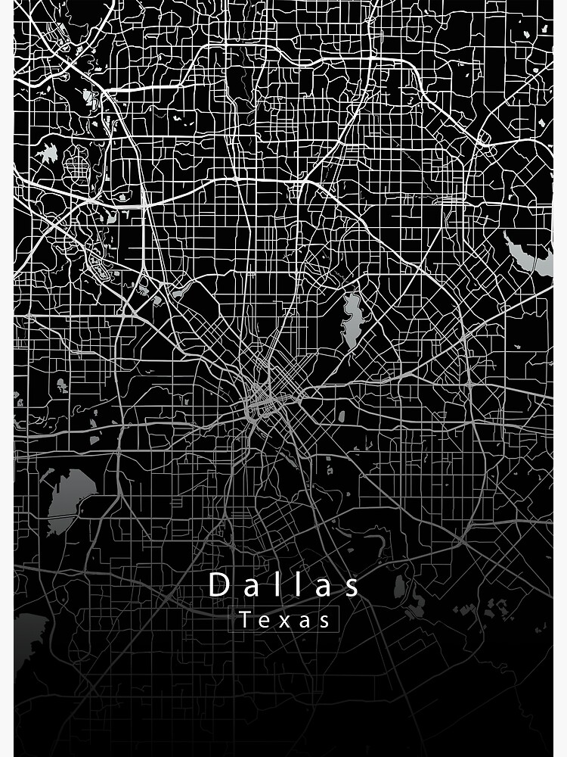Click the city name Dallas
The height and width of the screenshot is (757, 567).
pyautogui.click(x=284, y=584)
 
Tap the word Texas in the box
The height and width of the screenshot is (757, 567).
pyautogui.click(x=286, y=620)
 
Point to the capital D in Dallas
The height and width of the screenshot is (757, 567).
pyautogui.click(x=218, y=584)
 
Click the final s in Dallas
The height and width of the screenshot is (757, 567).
pyautogui.click(x=352, y=585)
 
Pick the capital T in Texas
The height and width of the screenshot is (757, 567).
pyautogui.click(x=246, y=620)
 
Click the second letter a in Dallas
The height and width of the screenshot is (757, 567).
pyautogui.click(x=324, y=586)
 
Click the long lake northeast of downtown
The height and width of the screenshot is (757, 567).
pyautogui.click(x=352, y=319)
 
